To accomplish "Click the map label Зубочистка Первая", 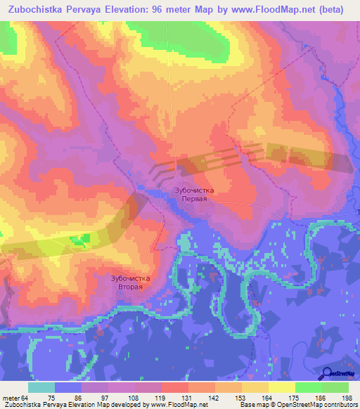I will [193, 195].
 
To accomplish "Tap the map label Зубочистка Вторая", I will [131, 283].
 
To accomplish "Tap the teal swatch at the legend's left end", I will [41, 388].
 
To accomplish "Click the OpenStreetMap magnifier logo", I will [328, 374].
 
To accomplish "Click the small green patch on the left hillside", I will [80, 240].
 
